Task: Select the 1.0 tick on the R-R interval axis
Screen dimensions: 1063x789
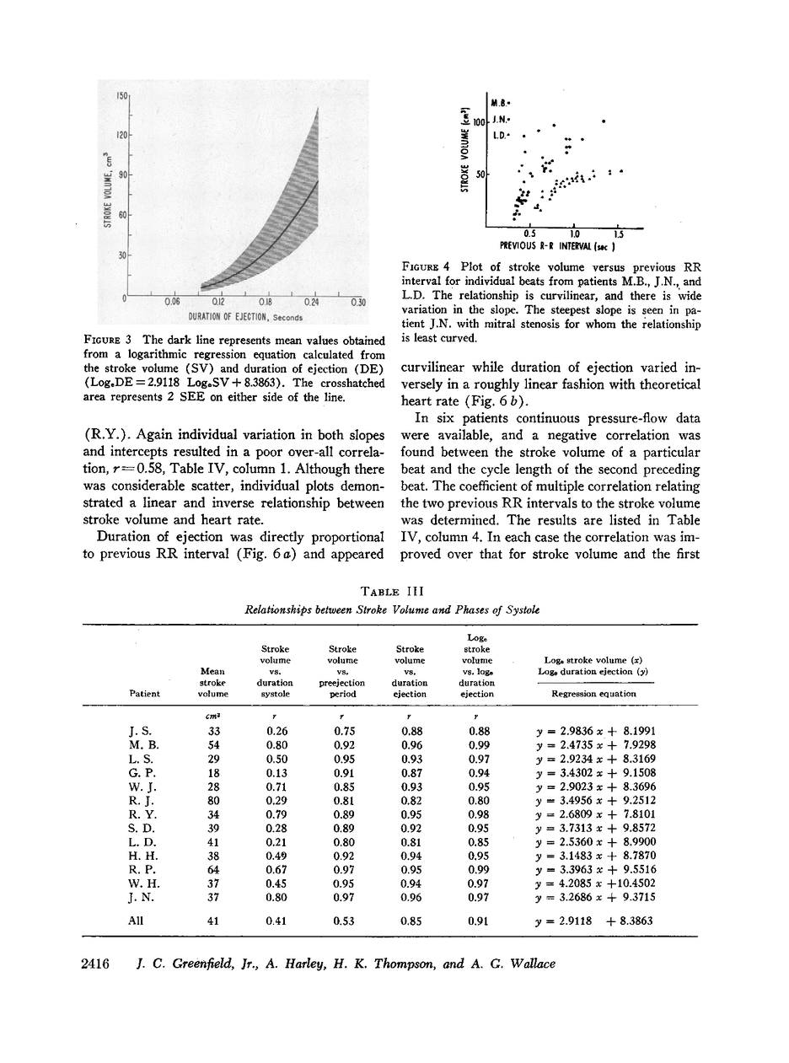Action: (574, 234)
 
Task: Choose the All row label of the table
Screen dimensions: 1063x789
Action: (133, 921)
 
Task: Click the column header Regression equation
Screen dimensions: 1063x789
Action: (593, 693)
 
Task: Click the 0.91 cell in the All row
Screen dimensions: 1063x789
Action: (479, 921)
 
